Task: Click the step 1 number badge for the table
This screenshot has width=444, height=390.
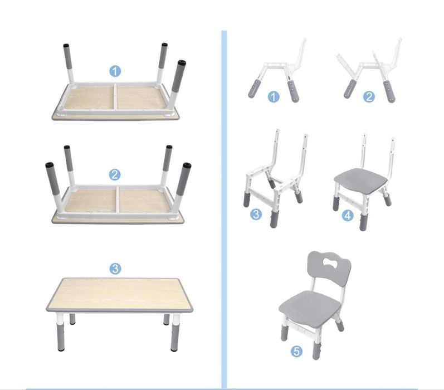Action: pos(115,71)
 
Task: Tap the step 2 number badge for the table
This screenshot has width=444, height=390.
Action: pos(115,174)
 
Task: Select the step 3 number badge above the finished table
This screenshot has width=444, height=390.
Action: pos(115,269)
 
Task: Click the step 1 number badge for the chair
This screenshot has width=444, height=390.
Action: pos(274,97)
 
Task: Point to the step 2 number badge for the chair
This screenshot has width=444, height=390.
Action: pos(369,97)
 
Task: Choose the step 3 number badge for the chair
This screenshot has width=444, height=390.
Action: pos(256,214)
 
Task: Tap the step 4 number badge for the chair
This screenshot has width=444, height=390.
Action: pos(348,216)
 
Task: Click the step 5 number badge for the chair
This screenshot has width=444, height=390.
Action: pos(296,352)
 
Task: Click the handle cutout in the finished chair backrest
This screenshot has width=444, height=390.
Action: pos(329,264)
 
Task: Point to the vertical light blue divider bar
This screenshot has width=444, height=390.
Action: pos(225,209)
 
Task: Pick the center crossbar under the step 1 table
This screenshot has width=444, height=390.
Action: pos(116,96)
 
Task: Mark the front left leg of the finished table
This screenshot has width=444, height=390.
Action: pos(61,332)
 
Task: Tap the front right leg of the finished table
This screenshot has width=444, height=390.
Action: pos(176,333)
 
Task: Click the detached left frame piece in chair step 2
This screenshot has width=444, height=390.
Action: pos(348,76)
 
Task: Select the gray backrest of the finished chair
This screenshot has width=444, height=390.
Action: pos(329,269)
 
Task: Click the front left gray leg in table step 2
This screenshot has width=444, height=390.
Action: pos(55,187)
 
